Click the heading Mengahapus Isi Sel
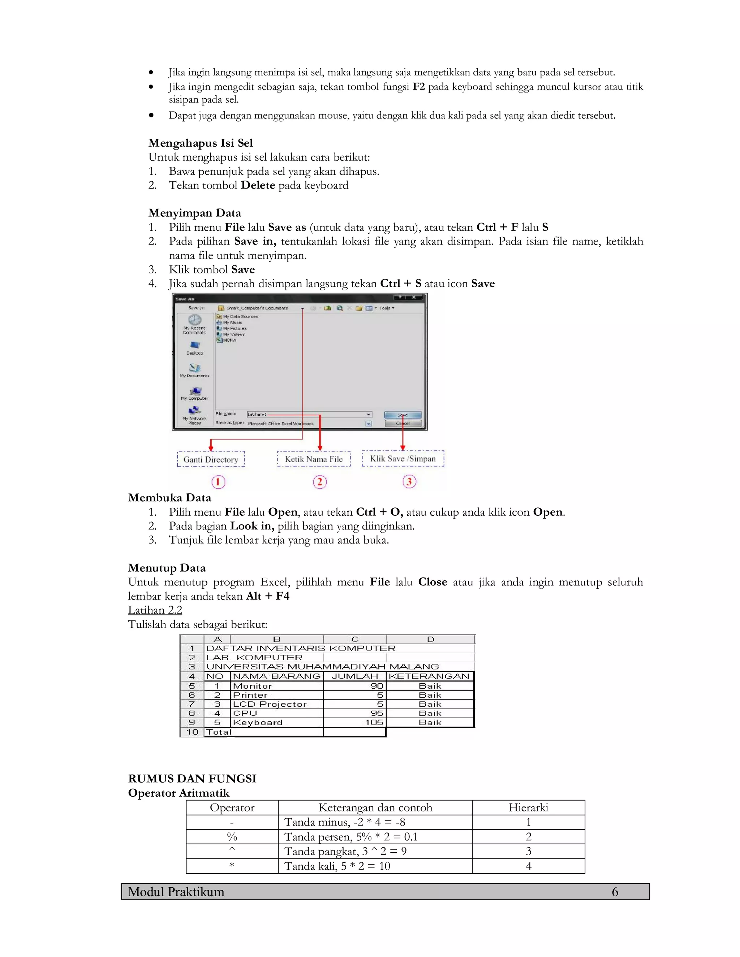pyautogui.click(x=200, y=143)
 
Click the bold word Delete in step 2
pyautogui.click(x=258, y=185)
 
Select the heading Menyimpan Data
pyautogui.click(x=195, y=213)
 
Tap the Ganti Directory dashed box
pyautogui.click(x=211, y=459)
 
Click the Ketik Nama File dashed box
pyautogui.click(x=314, y=459)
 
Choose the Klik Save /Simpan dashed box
pyautogui.click(x=403, y=458)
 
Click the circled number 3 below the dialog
pyautogui.click(x=409, y=481)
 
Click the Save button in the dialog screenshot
pyautogui.click(x=403, y=415)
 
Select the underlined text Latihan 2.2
pyautogui.click(x=155, y=610)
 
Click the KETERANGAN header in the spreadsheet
pyautogui.click(x=429, y=676)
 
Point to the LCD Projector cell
pyautogui.click(x=270, y=704)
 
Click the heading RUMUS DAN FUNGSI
pyautogui.click(x=192, y=778)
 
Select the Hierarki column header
pyautogui.click(x=528, y=807)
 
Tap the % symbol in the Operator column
pyautogui.click(x=232, y=837)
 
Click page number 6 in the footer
pyautogui.click(x=615, y=892)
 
